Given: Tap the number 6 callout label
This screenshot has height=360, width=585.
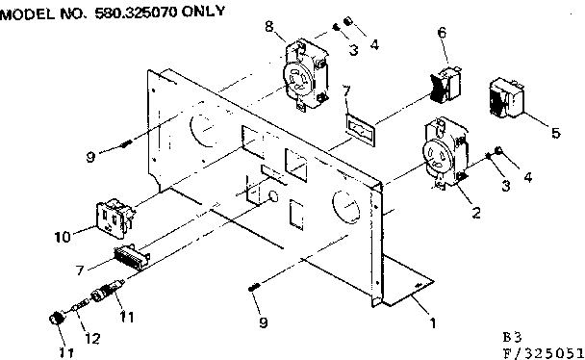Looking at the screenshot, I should tap(442, 33).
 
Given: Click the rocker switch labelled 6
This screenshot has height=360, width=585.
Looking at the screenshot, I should tap(445, 84).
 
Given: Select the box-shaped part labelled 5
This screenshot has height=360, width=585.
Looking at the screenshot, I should tap(509, 99).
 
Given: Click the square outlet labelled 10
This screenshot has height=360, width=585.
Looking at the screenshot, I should tap(114, 219).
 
